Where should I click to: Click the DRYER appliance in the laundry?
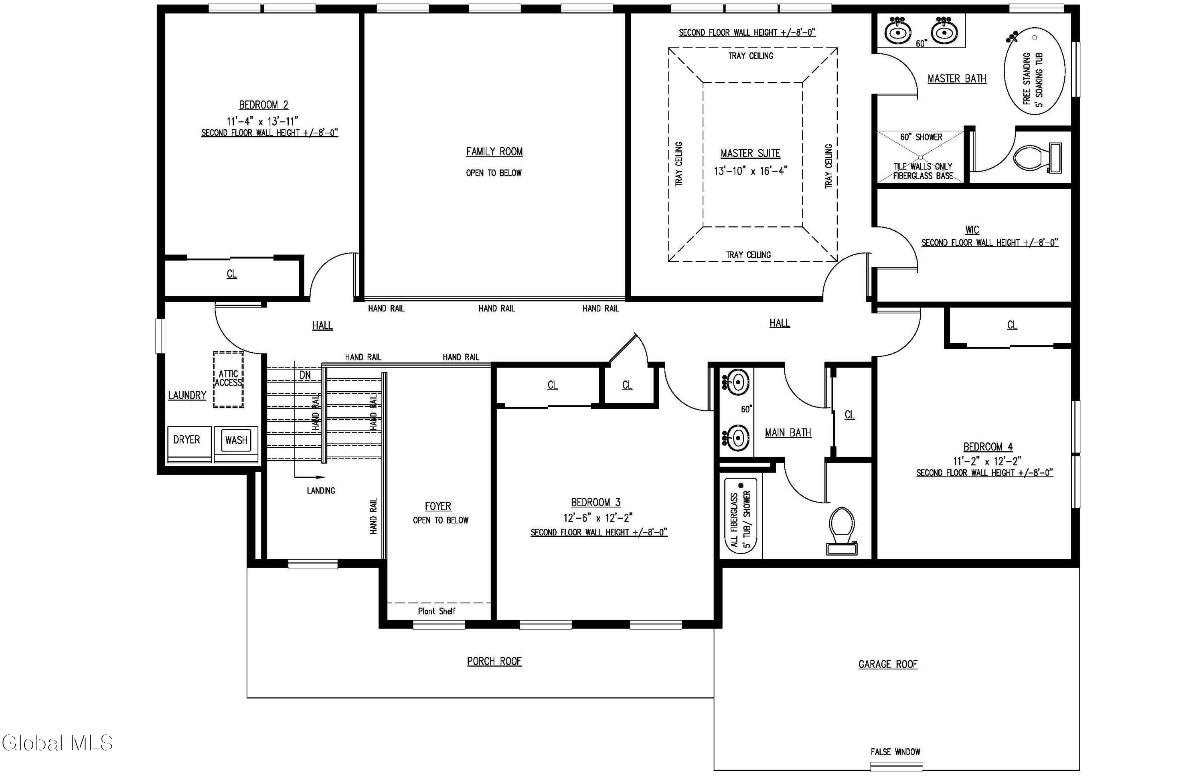pos(189,445)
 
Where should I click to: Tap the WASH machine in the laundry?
pos(236,445)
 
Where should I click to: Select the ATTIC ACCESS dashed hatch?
pos(229,380)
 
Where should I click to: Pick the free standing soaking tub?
pos(1034,72)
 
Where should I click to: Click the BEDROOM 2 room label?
pos(263,105)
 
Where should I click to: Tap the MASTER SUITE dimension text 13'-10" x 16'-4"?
pos(751,171)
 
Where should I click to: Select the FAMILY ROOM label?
pos(494,152)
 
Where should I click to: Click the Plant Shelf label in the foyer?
pos(437,611)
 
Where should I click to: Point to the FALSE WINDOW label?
pos(895,752)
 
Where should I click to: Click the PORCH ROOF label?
pos(494,661)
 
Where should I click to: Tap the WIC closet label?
pos(972,230)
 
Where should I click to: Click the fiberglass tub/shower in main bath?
pos(741,516)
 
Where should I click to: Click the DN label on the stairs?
pos(305,375)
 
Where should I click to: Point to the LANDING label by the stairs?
pos(321,491)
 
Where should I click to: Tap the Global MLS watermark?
pos(57,743)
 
